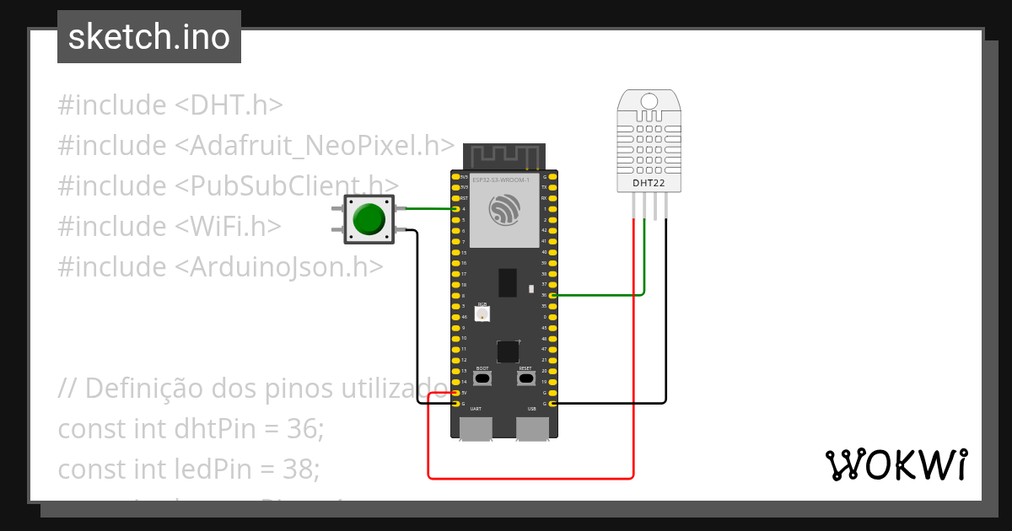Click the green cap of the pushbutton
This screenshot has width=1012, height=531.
coord(369,219)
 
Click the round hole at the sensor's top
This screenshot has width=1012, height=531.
coord(649,101)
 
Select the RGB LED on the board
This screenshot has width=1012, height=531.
coord(482,314)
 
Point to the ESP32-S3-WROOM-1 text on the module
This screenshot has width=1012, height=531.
coord(501,180)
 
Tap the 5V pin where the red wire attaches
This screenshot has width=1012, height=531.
coord(456,393)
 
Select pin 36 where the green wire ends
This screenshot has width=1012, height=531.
coord(552,295)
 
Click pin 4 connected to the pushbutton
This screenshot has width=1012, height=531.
coord(456,209)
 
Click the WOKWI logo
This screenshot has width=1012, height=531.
coord(896,465)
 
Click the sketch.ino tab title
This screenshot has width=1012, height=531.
coord(149,37)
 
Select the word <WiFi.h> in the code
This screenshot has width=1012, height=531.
coord(228,226)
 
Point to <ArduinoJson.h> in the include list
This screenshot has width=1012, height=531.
coord(279,266)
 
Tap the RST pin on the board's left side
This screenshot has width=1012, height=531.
coord(456,198)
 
